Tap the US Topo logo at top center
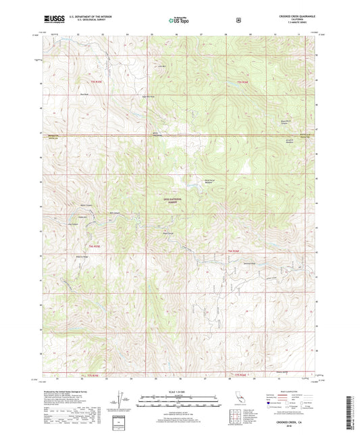(180, 20)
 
